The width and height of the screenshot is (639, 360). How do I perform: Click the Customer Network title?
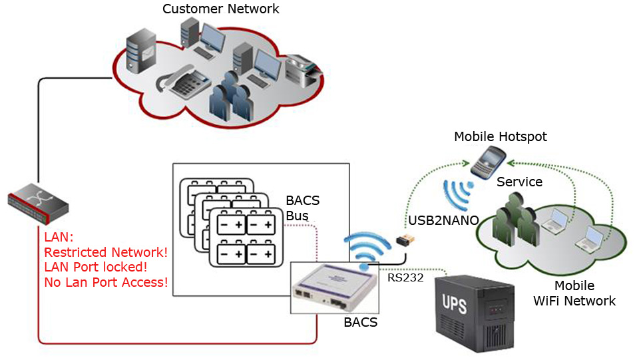click(x=221, y=9)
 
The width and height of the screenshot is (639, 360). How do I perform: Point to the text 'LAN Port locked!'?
click(x=95, y=268)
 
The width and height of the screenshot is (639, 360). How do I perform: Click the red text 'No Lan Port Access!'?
click(x=106, y=283)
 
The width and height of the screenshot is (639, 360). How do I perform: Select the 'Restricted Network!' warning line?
click(x=105, y=253)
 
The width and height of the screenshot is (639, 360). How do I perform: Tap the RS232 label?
click(x=405, y=277)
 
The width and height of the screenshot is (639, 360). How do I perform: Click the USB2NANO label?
click(x=444, y=220)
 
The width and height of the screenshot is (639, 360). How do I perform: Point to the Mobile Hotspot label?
click(x=500, y=137)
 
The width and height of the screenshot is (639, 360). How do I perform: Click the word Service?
click(x=520, y=182)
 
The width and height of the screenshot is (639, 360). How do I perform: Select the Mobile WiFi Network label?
click(x=574, y=294)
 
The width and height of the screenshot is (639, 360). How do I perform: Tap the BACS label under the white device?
click(x=360, y=323)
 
